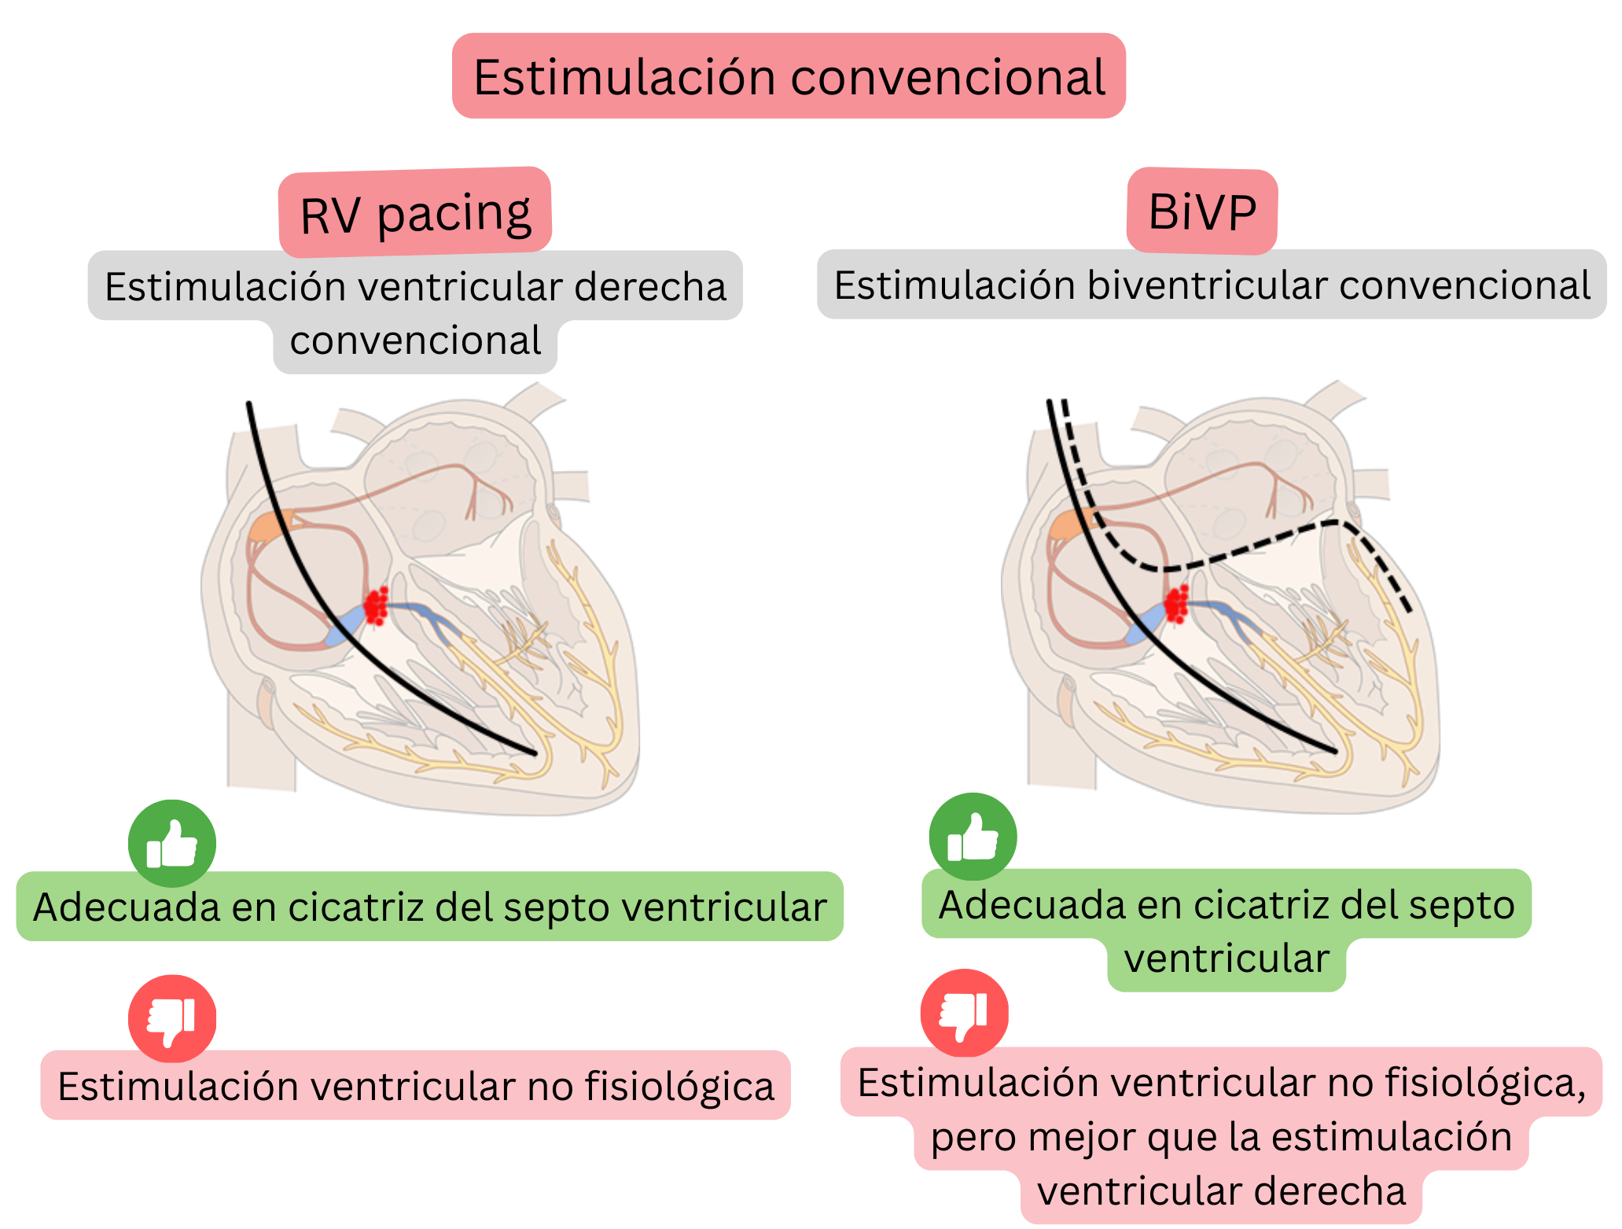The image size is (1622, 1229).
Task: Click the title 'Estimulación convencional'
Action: pyautogui.click(x=789, y=77)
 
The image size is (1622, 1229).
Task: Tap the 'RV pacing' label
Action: pyautogui.click(x=415, y=213)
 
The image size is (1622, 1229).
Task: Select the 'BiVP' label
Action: pyautogui.click(x=1201, y=212)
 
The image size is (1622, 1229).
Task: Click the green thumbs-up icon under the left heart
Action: pyautogui.click(x=172, y=844)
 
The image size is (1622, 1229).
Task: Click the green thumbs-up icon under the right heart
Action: pyautogui.click(x=973, y=837)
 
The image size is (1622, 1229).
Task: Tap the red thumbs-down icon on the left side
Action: pyautogui.click(x=172, y=1018)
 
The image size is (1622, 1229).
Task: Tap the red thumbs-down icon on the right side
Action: pyautogui.click(x=965, y=1013)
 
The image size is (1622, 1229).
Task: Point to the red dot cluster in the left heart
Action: pyautogui.click(x=377, y=606)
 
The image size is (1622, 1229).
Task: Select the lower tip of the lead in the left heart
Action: pyautogui.click(x=534, y=753)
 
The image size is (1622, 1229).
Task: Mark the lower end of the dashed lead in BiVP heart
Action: pyautogui.click(x=1409, y=610)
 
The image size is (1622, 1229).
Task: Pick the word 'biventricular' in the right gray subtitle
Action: pyautogui.click(x=1207, y=285)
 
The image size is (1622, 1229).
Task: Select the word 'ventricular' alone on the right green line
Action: pyautogui.click(x=1227, y=959)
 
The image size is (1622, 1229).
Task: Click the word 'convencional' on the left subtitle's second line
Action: pyautogui.click(x=415, y=340)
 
